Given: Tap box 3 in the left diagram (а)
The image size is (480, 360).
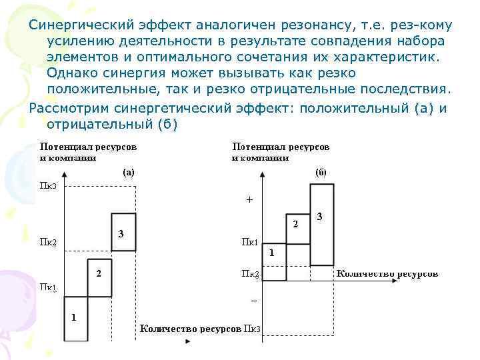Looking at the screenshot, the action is (123, 233).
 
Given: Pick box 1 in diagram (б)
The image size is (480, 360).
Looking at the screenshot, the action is (274, 261).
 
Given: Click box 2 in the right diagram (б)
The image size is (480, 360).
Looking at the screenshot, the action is (298, 230).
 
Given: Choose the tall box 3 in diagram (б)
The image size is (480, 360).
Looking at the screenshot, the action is (322, 223).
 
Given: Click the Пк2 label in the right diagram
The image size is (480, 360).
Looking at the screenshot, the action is (251, 273).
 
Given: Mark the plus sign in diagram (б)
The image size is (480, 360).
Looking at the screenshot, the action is (250, 199).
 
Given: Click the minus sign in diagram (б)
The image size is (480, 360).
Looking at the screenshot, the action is (253, 301).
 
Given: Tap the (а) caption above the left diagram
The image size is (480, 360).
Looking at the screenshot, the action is (128, 171).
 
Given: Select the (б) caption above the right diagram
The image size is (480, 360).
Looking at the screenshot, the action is (320, 171).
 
